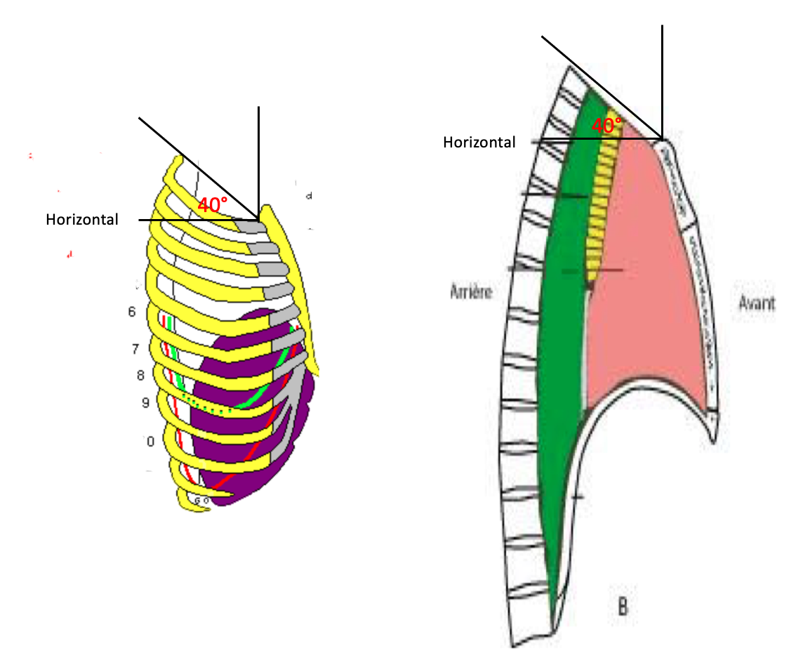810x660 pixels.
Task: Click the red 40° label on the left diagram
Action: [x=212, y=206]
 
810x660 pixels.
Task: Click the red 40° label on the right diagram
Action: [x=606, y=126]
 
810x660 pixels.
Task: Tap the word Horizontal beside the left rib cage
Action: [x=82, y=220]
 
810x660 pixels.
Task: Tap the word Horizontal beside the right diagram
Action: [x=479, y=143]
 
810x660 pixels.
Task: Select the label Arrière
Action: [x=471, y=292]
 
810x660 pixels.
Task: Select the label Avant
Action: [x=757, y=303]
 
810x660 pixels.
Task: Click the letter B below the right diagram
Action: [x=622, y=605]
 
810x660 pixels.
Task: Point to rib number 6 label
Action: [x=131, y=312]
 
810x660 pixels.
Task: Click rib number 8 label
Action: [x=140, y=376]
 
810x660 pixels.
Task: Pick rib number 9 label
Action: [x=145, y=403]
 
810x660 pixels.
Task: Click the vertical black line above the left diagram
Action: [x=259, y=154]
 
